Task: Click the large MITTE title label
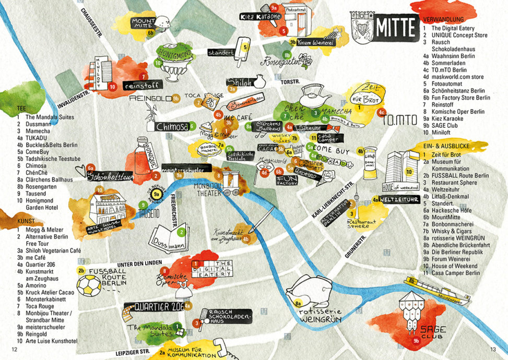395,26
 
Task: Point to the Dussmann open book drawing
168,236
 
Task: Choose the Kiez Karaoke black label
261,17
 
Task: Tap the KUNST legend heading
26,221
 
